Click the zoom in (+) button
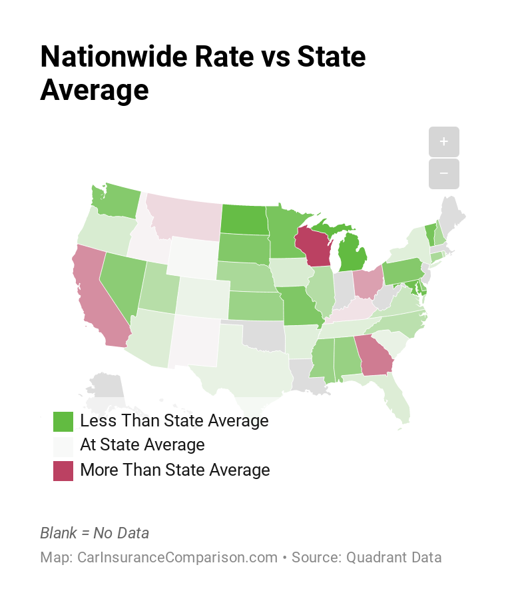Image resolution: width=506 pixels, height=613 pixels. coord(444,142)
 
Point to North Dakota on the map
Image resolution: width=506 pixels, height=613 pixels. coord(242,219)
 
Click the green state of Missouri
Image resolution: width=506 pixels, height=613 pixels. coord(303,306)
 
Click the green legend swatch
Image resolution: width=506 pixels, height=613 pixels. coord(63,421)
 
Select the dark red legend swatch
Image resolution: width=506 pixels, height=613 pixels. coord(63,470)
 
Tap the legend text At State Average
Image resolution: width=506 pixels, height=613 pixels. coord(142,444)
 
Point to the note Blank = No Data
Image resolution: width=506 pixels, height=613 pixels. coord(95,533)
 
